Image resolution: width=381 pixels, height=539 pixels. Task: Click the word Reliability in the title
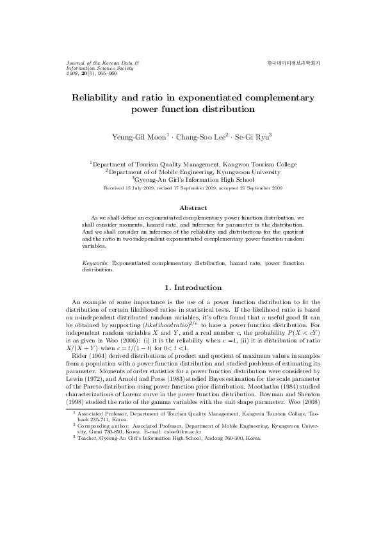[x=100, y=98]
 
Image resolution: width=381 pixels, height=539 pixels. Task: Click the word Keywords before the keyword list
[x=95, y=263]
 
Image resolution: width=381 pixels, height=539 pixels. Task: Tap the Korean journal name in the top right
[x=293, y=63]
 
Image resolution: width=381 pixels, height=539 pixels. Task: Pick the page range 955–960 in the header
[x=104, y=74]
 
